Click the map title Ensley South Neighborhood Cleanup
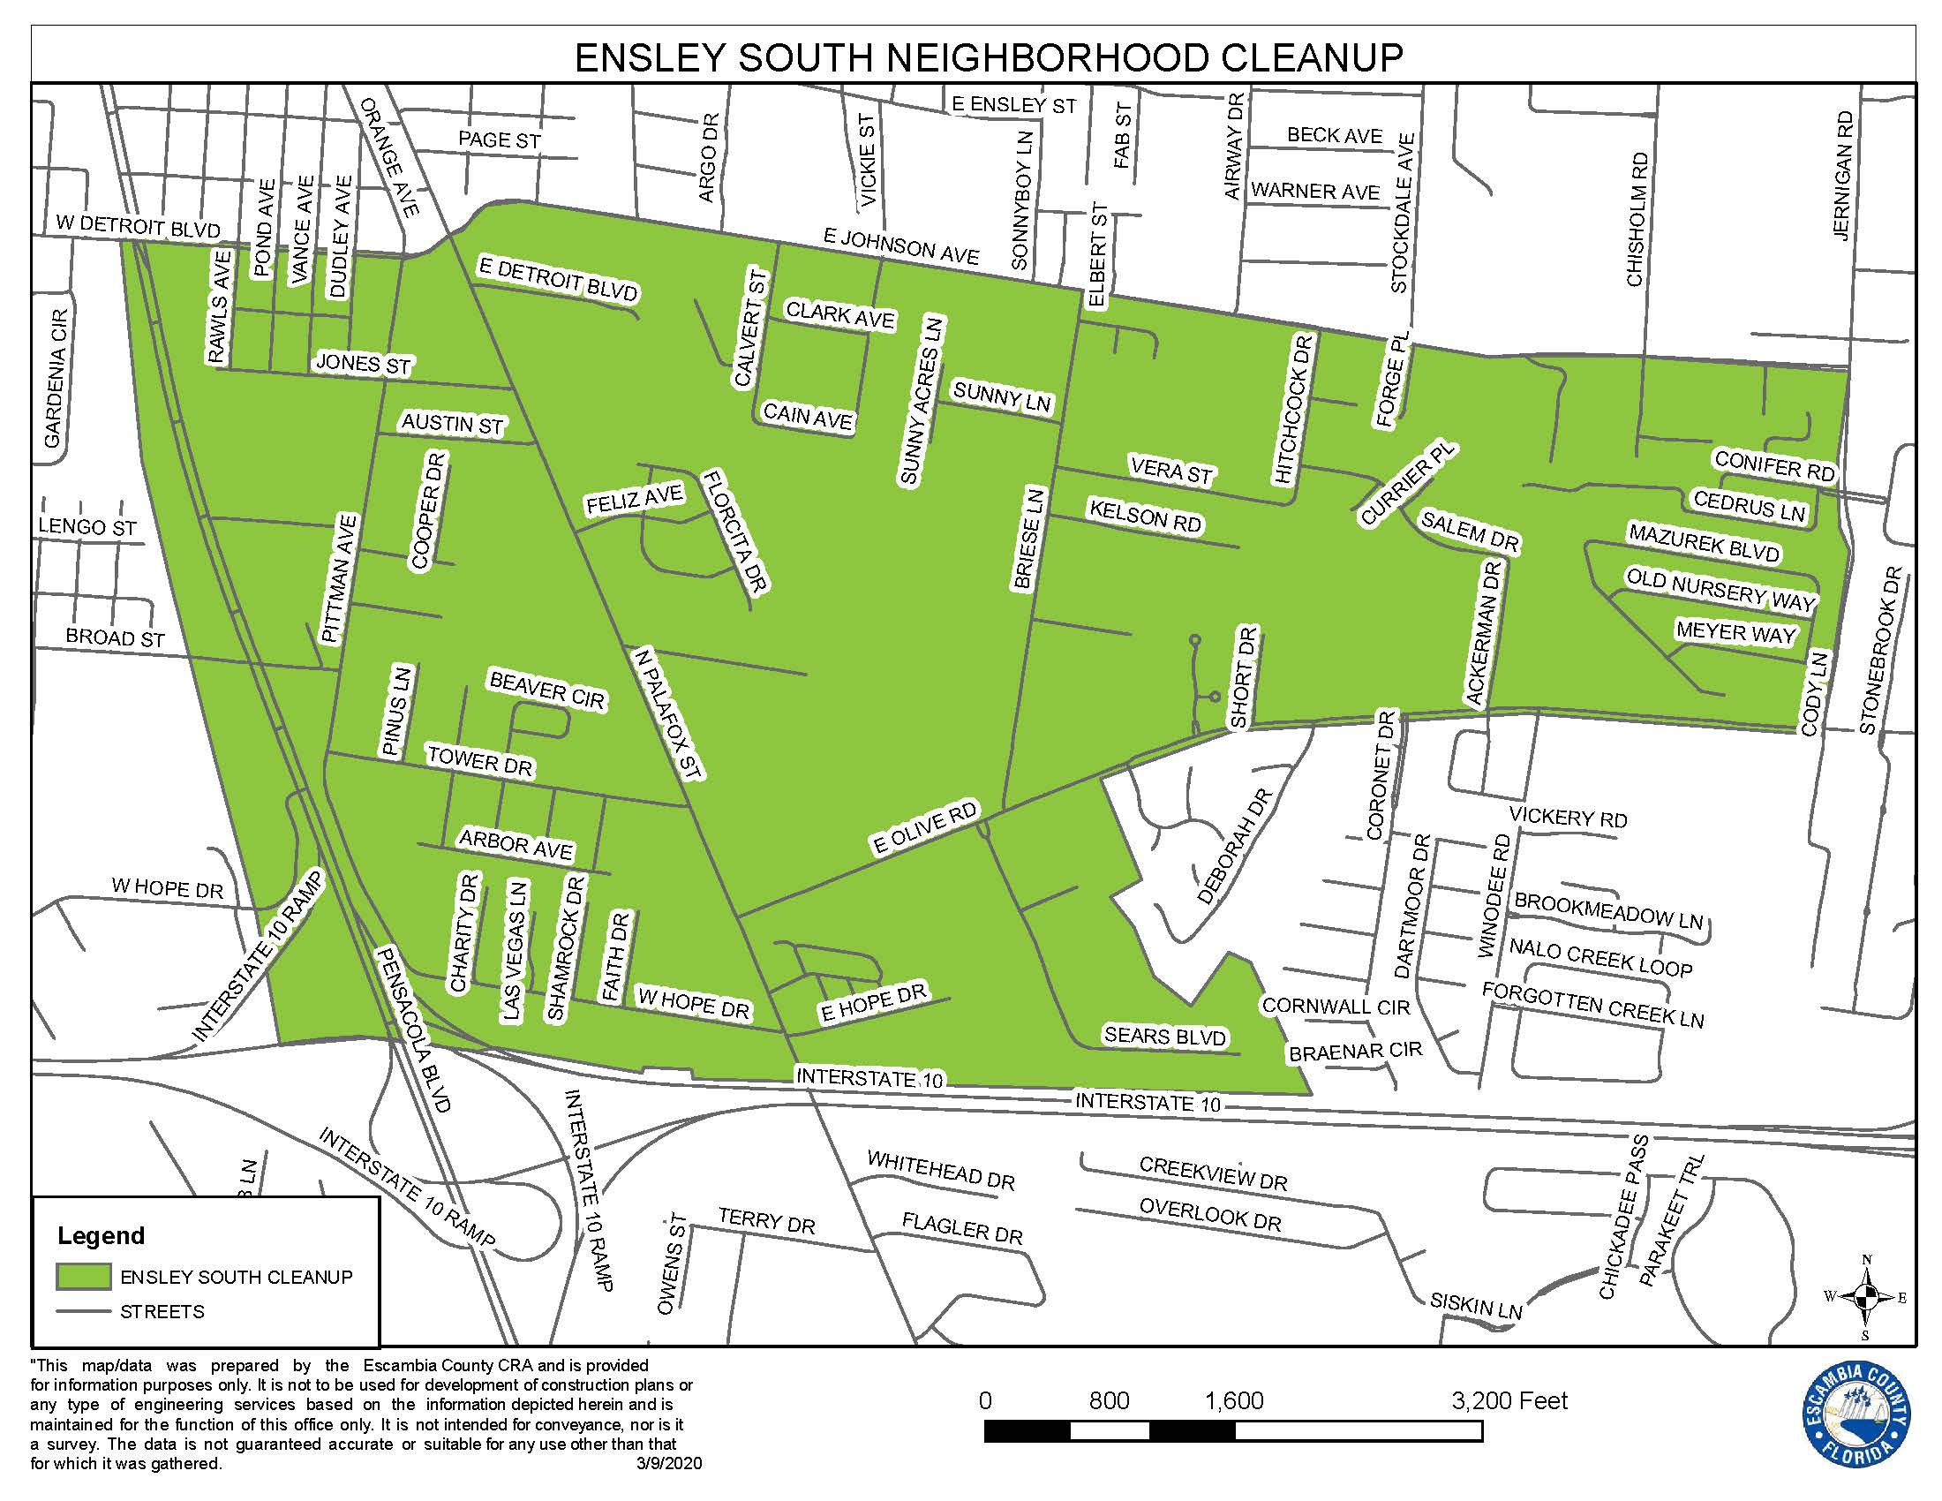click(x=988, y=57)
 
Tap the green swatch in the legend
click(x=84, y=1276)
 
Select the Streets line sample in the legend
click(x=84, y=1311)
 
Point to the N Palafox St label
click(x=670, y=714)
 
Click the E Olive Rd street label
click(x=925, y=828)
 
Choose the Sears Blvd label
click(x=1165, y=1036)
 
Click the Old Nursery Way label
click(x=1720, y=591)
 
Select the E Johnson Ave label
click(x=900, y=246)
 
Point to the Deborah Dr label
click(x=1235, y=847)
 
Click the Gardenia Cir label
click(x=55, y=379)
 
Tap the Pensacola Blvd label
click(x=414, y=1029)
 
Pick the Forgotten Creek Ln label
click(x=1592, y=1005)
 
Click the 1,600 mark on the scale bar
click(x=1234, y=1401)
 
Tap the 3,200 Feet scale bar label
click(x=1509, y=1401)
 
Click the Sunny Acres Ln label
click(x=922, y=401)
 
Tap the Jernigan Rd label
click(x=1842, y=175)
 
